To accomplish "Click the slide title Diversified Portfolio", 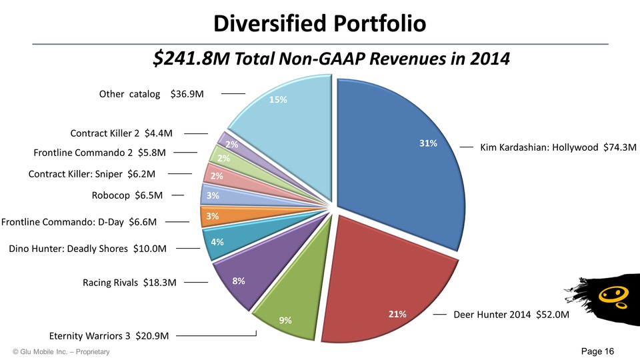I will [x=319, y=24].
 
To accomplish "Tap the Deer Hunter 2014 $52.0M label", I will [x=511, y=314].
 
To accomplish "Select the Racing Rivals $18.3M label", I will [x=129, y=283].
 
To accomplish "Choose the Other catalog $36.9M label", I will [x=151, y=94].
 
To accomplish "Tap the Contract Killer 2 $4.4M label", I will [x=121, y=133].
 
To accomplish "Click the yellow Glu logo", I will [x=607, y=293].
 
